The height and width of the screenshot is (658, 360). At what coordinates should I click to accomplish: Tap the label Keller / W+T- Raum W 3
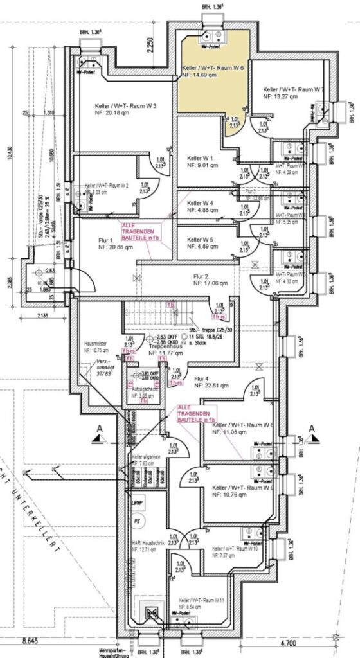click(x=118, y=106)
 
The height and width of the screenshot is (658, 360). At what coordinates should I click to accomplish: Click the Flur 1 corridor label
click(x=93, y=239)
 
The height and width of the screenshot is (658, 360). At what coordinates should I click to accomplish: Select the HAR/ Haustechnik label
click(x=148, y=541)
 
